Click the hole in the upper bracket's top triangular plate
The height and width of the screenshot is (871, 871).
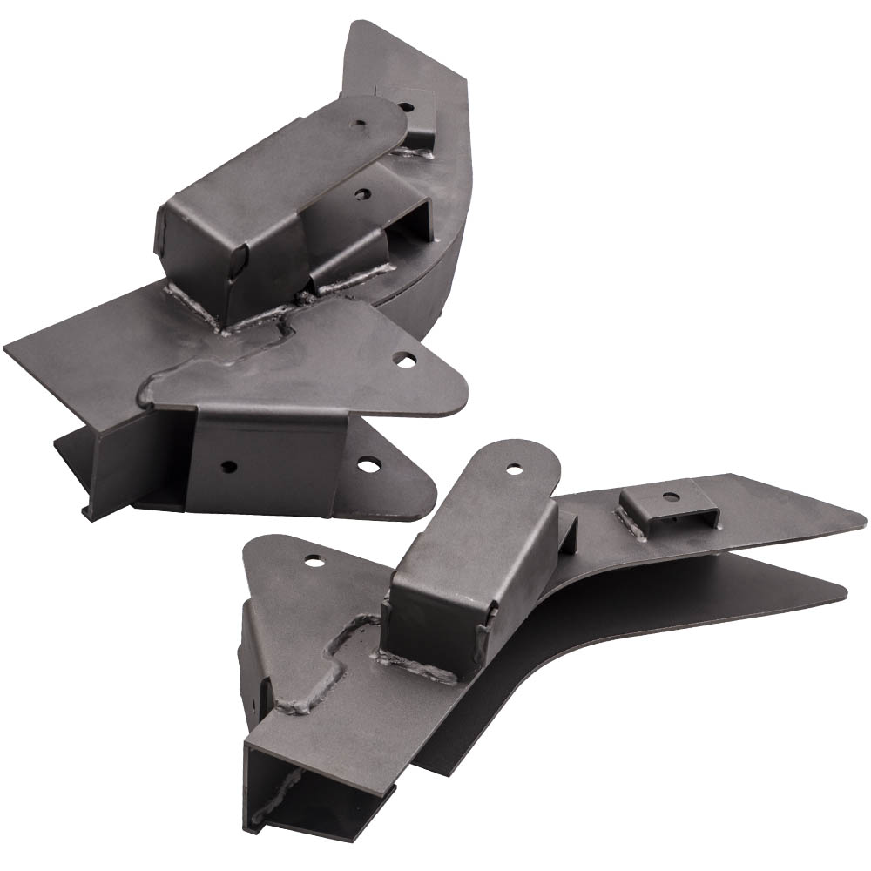402,357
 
